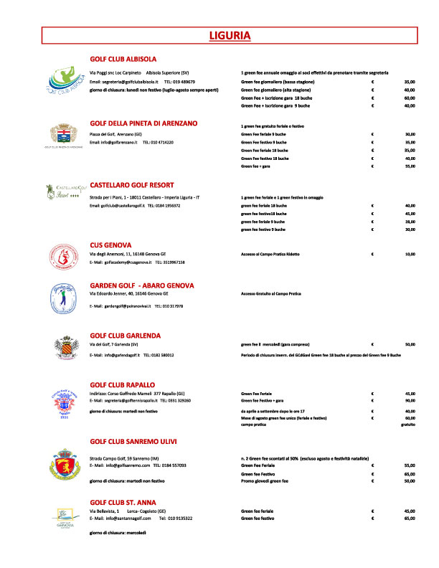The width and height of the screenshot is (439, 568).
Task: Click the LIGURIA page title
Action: coord(229,35)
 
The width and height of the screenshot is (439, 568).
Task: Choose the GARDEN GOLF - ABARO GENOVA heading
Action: coord(151,285)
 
